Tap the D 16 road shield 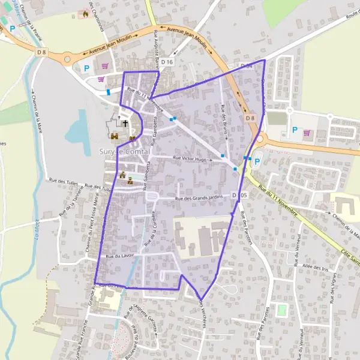point(167,62)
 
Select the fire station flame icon point(86,13)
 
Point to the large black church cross point(125,123)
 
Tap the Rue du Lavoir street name point(119,256)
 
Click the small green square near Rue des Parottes point(281,310)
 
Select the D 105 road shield point(242,196)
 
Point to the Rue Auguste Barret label point(157,45)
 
